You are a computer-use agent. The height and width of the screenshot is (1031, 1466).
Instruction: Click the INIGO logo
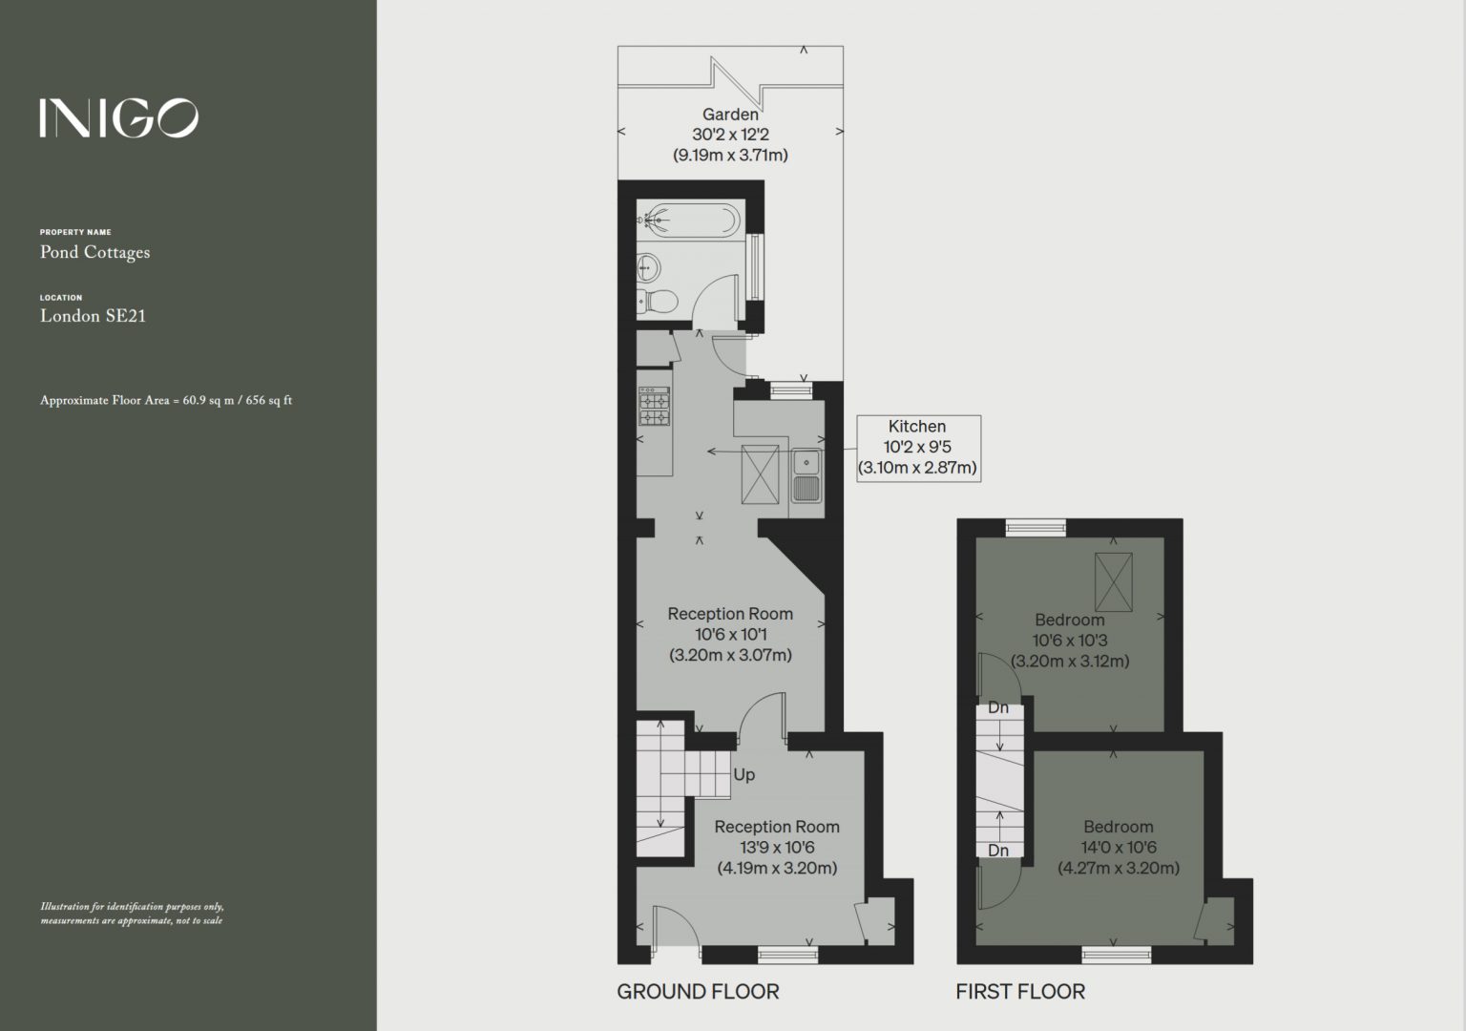point(118,118)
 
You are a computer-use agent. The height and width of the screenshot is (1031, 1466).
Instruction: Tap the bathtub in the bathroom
point(689,220)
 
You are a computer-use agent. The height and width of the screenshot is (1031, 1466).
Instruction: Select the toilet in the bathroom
point(657,302)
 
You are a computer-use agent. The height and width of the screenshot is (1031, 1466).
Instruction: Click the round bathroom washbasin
point(649,267)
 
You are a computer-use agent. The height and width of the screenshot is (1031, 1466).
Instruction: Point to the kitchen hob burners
point(655,406)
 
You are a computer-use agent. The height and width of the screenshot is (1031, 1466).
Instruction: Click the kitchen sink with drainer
point(806,475)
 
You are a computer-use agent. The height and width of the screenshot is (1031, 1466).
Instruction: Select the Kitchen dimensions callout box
point(919,449)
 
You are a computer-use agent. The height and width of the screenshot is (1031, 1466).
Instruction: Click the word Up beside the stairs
point(744,775)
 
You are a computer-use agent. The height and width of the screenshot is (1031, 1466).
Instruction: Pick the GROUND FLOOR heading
point(699,992)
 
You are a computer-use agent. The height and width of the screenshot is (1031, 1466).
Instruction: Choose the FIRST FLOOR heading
point(1020,992)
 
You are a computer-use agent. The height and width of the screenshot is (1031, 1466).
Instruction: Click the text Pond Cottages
point(94,253)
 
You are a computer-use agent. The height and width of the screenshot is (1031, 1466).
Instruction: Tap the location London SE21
point(93,316)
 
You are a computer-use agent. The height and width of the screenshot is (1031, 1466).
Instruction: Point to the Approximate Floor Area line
point(166,400)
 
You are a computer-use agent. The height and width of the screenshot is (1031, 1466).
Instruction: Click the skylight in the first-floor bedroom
point(1113,581)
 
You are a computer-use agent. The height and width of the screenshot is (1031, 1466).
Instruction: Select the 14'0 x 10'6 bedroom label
point(1119,848)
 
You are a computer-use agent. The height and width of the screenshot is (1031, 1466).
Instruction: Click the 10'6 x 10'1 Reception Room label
point(730,634)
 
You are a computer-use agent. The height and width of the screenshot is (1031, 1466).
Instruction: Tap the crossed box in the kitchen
point(760,474)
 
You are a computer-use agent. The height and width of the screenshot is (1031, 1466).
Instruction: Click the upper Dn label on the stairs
point(998,707)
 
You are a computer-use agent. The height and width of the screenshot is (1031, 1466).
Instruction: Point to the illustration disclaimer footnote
point(132,914)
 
